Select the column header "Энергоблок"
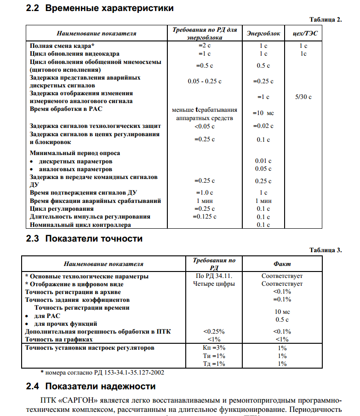coord(263,34)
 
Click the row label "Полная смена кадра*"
coord(62,46)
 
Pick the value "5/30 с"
coord(303,97)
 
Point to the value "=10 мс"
coord(263,113)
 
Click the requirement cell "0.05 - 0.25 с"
coord(205,81)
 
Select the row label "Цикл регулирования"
coord(62,209)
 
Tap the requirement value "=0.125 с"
coord(205,216)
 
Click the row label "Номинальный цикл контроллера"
coord(80,225)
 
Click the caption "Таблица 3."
coord(326,250)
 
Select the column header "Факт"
coord(282,264)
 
